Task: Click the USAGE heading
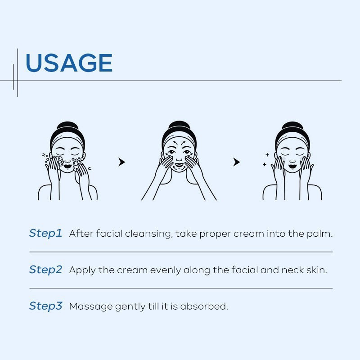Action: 69,63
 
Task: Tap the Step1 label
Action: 45,234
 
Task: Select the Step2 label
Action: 45,270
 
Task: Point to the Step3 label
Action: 45,306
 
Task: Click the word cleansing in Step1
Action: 148,234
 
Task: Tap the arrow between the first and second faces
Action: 121,162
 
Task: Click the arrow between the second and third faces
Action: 237,162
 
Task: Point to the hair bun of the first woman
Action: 67,126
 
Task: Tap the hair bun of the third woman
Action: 292,126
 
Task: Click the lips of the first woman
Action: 67,166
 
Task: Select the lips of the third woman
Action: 292,166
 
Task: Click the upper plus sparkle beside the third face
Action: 267,155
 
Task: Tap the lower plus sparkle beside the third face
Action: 265,164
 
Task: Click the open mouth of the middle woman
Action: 179,165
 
